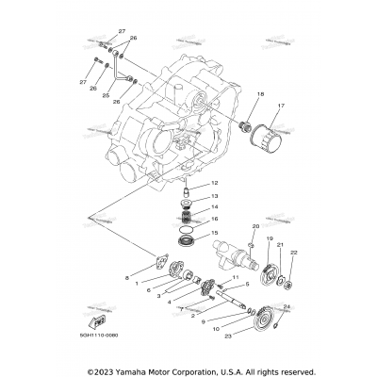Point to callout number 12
[215, 183]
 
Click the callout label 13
[215, 196]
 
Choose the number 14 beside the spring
[215, 207]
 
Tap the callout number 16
[215, 219]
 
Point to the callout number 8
[127, 277]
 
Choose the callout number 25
[107, 96]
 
